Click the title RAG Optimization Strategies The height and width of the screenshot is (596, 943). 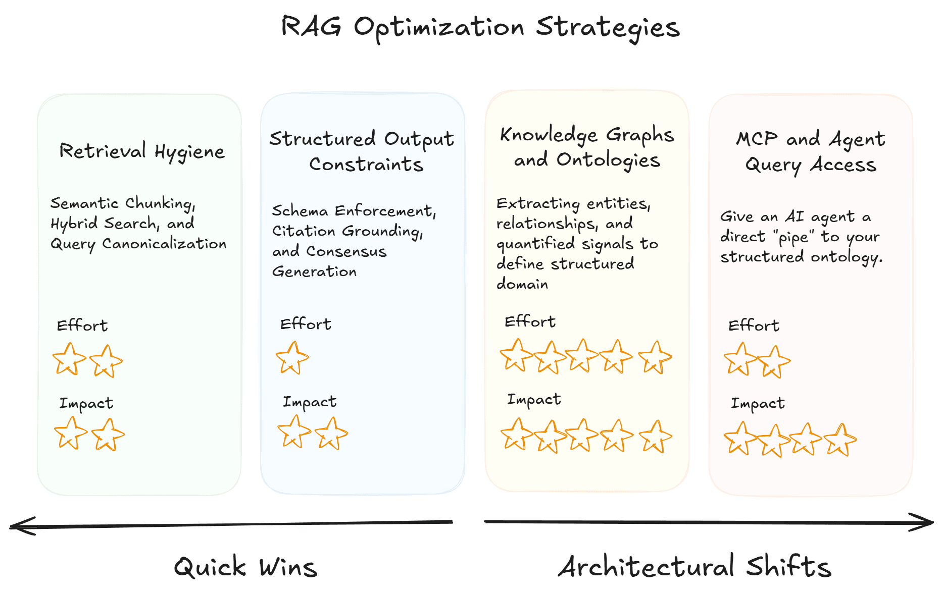(480, 27)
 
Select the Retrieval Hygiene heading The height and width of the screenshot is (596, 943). (141, 151)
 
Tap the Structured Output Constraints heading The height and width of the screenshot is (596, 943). (362, 151)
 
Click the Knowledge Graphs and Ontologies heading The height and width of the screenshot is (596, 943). (587, 147)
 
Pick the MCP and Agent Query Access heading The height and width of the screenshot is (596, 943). (811, 151)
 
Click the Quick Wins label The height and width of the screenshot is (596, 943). (245, 567)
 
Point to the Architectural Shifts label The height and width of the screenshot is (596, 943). (694, 566)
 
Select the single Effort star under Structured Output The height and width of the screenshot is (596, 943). (292, 358)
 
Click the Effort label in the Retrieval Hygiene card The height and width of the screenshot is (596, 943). (82, 326)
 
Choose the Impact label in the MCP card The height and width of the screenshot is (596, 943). (758, 403)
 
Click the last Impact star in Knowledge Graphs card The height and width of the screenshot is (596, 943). (655, 437)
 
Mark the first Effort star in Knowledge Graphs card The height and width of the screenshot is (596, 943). (516, 355)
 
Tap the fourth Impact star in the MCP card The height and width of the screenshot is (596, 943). (840, 440)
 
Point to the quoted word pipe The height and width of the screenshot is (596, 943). (793, 237)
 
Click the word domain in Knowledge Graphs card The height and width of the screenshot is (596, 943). (522, 284)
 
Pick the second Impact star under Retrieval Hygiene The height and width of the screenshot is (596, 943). (108, 435)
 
